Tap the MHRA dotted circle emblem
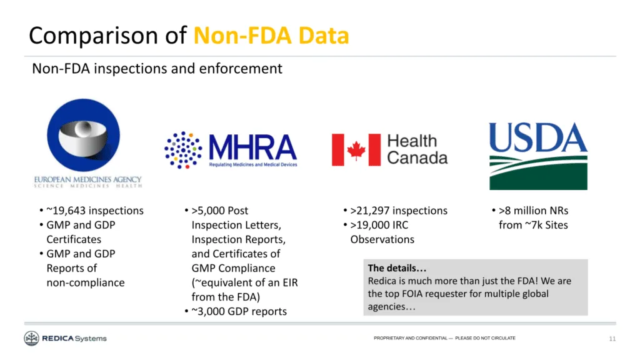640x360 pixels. tap(183, 150)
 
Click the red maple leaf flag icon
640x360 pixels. tap(356, 150)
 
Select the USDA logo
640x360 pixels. tap(538, 155)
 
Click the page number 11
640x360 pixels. tap(612, 339)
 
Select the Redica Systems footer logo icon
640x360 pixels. tap(31, 339)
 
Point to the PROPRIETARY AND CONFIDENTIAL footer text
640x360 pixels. tap(444, 338)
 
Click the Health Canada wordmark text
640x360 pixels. tap(417, 149)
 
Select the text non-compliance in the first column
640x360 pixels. tap(86, 282)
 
